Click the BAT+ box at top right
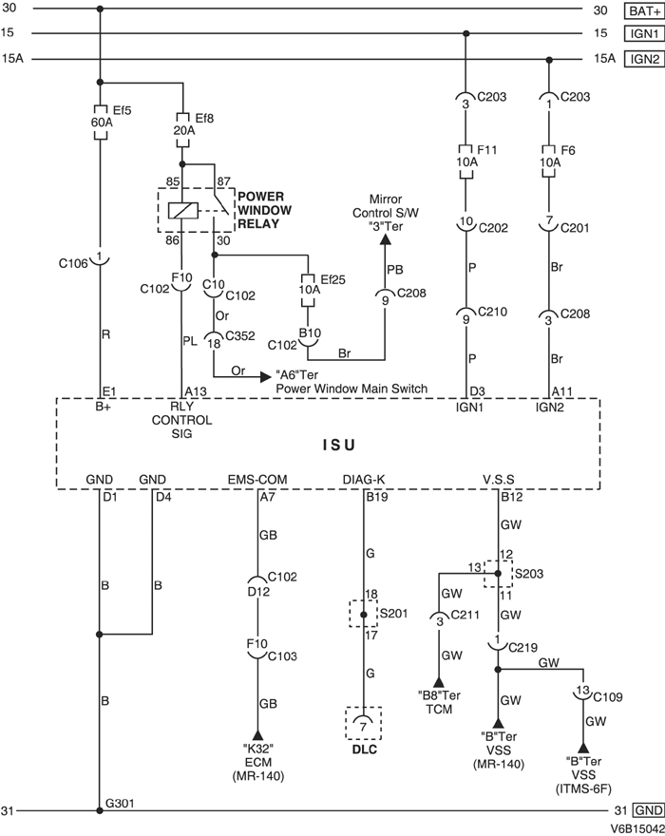coord(640,11)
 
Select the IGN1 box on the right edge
coord(640,34)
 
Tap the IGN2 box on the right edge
coord(640,58)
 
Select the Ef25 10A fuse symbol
coord(307,289)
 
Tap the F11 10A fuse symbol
coord(465,157)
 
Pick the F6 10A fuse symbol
coord(548,157)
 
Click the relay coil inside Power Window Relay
coord(181,210)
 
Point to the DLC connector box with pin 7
coord(364,725)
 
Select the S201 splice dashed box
coord(364,614)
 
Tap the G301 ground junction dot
coord(100,811)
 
